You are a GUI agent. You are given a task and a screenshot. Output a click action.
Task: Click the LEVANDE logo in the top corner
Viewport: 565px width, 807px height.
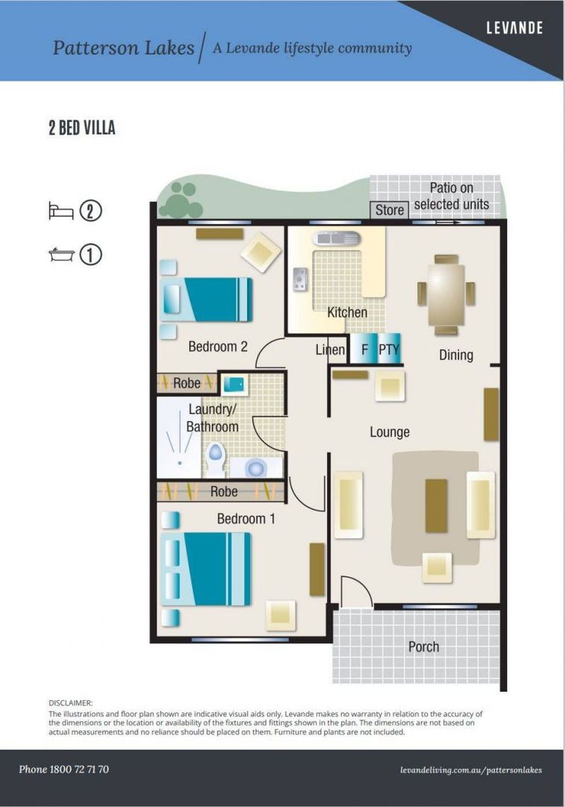[514, 28]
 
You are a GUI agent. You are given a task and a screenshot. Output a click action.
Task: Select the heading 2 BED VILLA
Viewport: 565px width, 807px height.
[82, 128]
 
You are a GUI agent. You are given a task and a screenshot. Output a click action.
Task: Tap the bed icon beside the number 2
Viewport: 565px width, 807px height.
[60, 211]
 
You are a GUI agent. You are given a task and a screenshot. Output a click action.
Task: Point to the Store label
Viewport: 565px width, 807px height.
[389, 210]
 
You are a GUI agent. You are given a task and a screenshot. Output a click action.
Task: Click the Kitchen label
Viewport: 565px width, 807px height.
[347, 312]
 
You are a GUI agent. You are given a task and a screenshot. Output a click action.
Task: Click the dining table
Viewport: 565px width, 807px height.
[446, 294]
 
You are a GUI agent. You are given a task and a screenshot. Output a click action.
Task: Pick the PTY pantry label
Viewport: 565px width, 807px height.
[389, 350]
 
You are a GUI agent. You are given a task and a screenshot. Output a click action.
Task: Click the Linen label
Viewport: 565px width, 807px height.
[330, 350]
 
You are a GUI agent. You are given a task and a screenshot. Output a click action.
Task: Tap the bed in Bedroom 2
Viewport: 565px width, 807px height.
[207, 300]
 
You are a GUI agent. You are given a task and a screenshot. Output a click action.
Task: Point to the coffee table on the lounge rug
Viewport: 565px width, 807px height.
[436, 506]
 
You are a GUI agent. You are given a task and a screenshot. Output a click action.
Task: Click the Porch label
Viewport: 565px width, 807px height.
[423, 646]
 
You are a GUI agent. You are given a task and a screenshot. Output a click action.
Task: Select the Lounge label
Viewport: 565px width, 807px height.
[390, 432]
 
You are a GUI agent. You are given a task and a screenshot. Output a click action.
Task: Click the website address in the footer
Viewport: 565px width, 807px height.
[470, 770]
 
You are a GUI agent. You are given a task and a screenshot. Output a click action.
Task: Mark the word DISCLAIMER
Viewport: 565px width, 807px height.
[71, 703]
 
